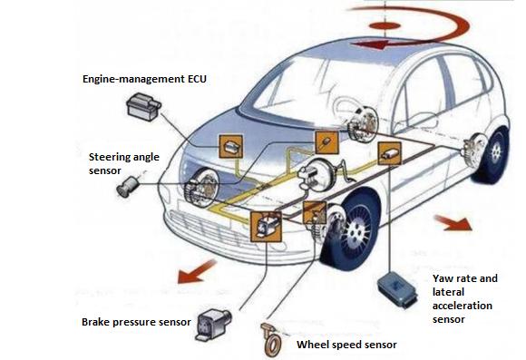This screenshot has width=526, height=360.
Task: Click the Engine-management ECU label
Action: (144, 79)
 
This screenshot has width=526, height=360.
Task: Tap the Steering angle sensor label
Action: (123, 164)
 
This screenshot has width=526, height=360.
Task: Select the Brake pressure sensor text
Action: (136, 322)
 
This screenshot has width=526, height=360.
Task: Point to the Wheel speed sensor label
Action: (346, 345)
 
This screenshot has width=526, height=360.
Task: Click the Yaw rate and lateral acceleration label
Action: (464, 298)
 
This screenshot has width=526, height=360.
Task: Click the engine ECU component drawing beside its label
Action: (144, 107)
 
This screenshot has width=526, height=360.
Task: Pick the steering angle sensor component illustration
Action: (127, 186)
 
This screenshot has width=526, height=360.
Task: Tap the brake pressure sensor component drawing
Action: (213, 325)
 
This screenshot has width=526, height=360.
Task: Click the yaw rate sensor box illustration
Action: (397, 289)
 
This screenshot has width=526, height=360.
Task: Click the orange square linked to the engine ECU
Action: (230, 146)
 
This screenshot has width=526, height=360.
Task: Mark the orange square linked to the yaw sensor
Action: (389, 153)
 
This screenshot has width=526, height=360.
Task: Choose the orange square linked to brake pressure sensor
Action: (266, 227)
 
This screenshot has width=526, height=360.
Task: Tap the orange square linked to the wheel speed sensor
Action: (315, 213)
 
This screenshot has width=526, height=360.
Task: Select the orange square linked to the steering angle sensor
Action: (326, 142)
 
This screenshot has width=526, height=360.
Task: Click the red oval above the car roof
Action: (385, 25)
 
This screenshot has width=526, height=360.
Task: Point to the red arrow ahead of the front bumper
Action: (196, 271)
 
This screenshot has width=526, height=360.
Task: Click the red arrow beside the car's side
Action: (453, 223)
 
